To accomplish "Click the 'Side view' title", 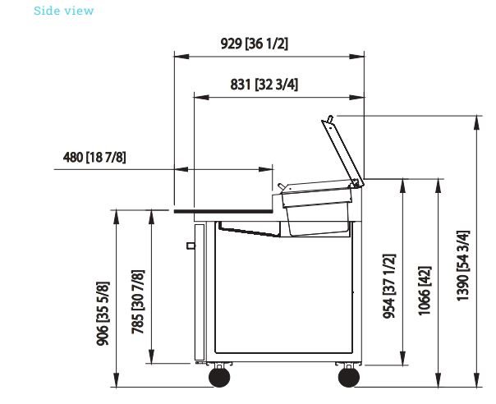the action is (x=63, y=11).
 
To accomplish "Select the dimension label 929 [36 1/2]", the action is (x=255, y=44).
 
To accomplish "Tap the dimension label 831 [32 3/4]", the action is (x=264, y=85).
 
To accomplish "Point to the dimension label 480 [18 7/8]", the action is (x=94, y=157).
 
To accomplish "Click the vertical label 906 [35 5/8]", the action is (x=103, y=314).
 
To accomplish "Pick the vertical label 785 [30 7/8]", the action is (x=138, y=302).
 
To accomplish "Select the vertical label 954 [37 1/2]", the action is (x=389, y=286).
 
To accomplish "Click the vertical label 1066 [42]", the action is (x=425, y=291).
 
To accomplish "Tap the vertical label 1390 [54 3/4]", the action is (x=463, y=265).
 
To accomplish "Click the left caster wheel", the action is (x=219, y=377).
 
